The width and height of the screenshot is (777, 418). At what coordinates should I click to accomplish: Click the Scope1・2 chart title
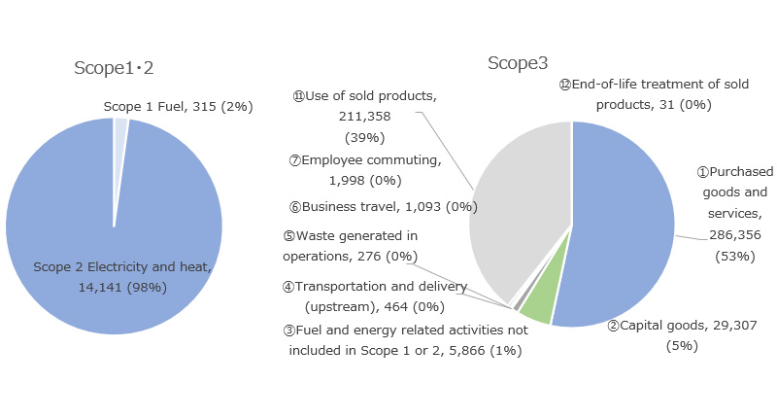pyautogui.click(x=114, y=68)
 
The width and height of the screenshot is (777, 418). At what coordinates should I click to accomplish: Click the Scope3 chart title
pyautogui.click(x=518, y=63)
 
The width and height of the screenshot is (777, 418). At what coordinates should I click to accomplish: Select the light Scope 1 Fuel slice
pyautogui.click(x=119, y=149)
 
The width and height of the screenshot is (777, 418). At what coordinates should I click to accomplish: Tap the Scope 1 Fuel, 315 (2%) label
pyautogui.click(x=178, y=107)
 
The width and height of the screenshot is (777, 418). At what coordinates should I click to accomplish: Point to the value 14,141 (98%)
pyautogui.click(x=122, y=288)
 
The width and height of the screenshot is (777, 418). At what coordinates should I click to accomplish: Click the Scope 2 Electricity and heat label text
pyautogui.click(x=122, y=267)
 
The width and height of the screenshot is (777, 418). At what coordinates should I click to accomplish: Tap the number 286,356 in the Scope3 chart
pyautogui.click(x=735, y=235)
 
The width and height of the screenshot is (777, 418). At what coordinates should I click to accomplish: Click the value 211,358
pyautogui.click(x=365, y=117)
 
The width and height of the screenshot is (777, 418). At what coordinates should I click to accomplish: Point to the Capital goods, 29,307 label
pyautogui.click(x=683, y=326)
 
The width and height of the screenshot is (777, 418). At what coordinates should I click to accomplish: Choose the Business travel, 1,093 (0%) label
pyautogui.click(x=383, y=207)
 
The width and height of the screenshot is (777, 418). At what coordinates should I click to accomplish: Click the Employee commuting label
pyautogui.click(x=365, y=160)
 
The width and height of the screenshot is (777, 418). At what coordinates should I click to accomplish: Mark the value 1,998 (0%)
pyautogui.click(x=365, y=181)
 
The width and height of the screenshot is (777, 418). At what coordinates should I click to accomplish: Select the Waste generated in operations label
pyautogui.click(x=351, y=246)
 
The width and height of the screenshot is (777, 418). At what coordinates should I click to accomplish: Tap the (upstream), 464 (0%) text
pyautogui.click(x=375, y=307)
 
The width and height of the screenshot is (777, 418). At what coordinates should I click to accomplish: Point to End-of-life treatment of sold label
pyautogui.click(x=654, y=85)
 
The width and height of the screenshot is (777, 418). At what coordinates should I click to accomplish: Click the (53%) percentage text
pyautogui.click(x=735, y=257)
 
